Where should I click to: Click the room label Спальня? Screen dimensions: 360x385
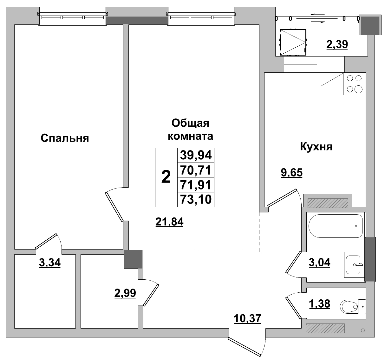coord(65,138)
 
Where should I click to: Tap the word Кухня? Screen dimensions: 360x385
coord(316,147)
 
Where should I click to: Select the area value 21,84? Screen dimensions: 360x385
coord(169,222)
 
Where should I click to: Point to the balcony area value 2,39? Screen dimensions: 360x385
coord(337,44)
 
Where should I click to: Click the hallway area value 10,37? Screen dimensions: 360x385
coord(247,318)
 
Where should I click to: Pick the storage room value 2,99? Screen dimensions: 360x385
coord(125,293)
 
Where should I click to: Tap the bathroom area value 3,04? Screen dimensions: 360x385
coord(319,262)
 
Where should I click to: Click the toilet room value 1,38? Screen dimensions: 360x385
coord(319,304)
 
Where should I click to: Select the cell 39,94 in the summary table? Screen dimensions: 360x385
coord(196,156)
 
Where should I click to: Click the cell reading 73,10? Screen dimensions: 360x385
coord(196,200)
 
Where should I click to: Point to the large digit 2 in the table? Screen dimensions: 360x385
coord(166,177)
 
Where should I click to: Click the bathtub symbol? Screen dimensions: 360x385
coord(335,226)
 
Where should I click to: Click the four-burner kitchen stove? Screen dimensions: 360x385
coord(354,84)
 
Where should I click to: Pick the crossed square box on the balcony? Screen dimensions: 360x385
coord(293,43)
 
